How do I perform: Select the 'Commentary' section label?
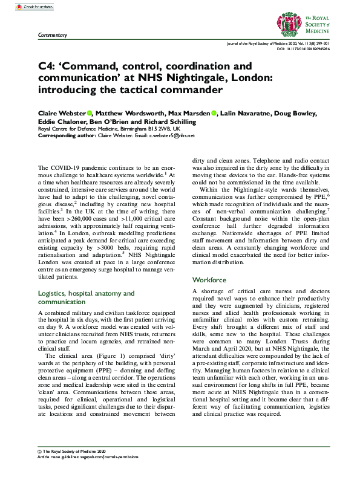53,36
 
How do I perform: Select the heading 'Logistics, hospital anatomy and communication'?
87,297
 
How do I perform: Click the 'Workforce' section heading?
209,280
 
